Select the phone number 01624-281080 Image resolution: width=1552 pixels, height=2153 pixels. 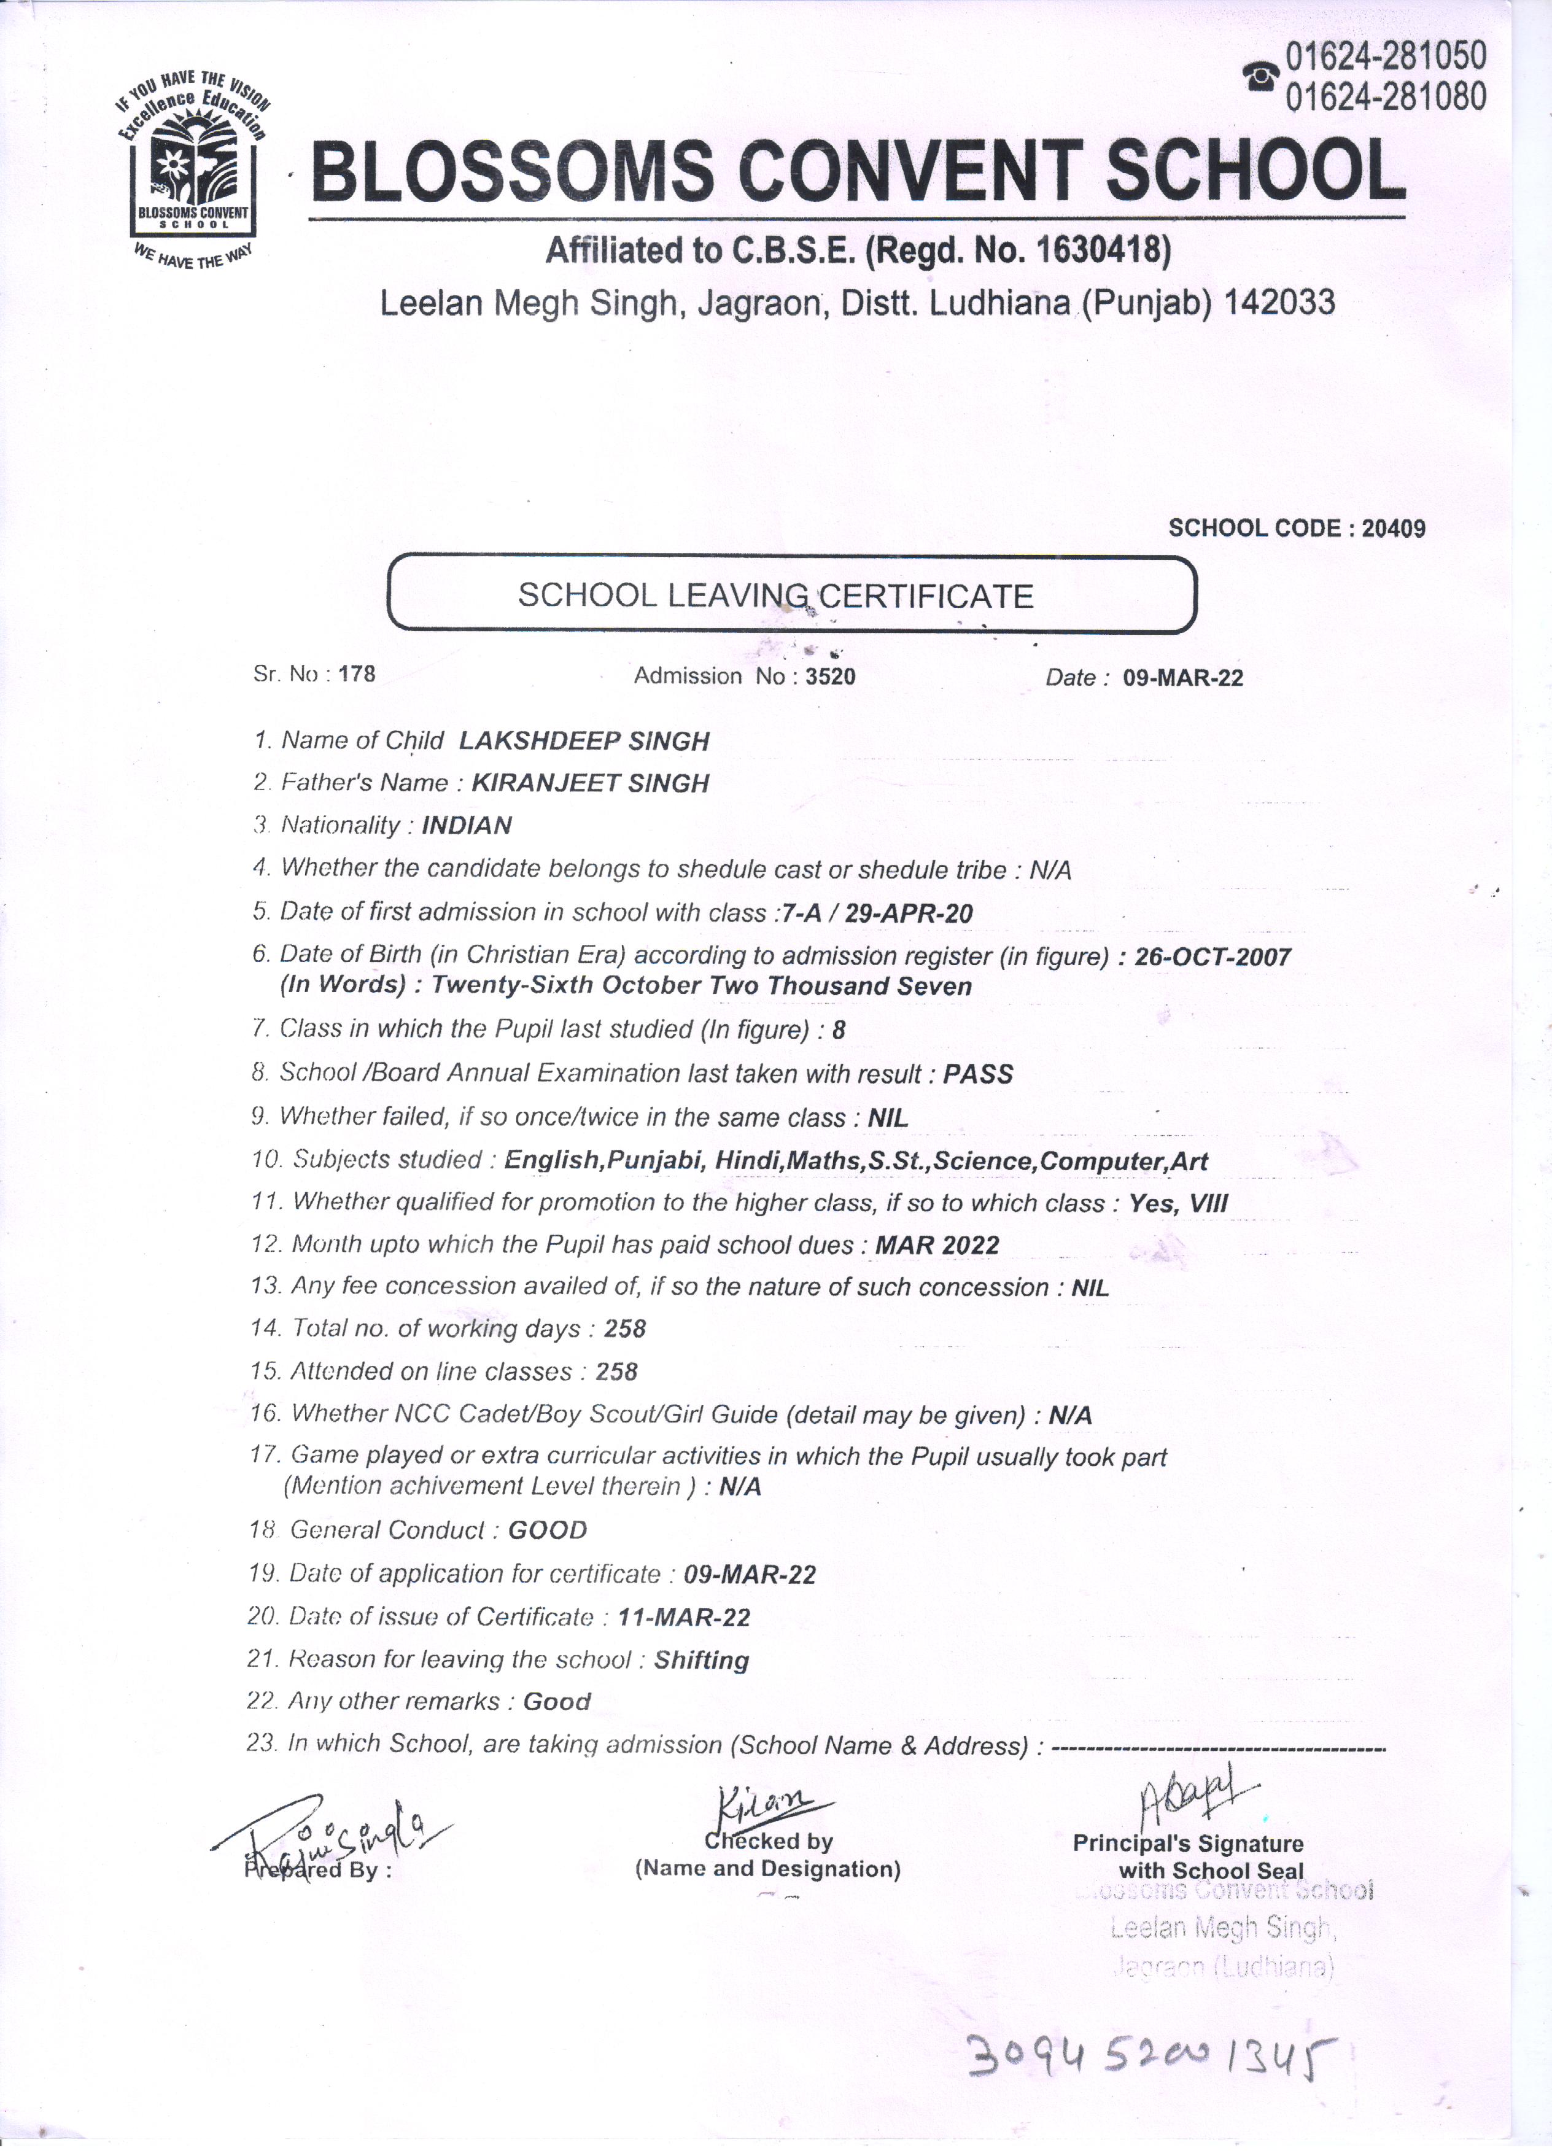[x=1385, y=96]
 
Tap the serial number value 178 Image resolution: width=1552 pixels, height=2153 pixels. [x=357, y=674]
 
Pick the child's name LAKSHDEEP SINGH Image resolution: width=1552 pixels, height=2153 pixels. [x=584, y=742]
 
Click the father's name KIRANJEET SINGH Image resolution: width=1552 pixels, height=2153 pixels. [x=591, y=783]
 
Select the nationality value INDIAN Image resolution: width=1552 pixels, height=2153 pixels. [x=466, y=826]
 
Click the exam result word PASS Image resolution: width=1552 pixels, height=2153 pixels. [x=978, y=1074]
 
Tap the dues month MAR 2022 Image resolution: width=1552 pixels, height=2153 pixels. [x=937, y=1246]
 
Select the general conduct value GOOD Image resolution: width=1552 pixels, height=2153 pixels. [x=548, y=1530]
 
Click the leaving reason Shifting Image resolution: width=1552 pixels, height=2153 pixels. [x=702, y=1660]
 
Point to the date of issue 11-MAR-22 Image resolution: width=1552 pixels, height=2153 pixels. [x=683, y=1618]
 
